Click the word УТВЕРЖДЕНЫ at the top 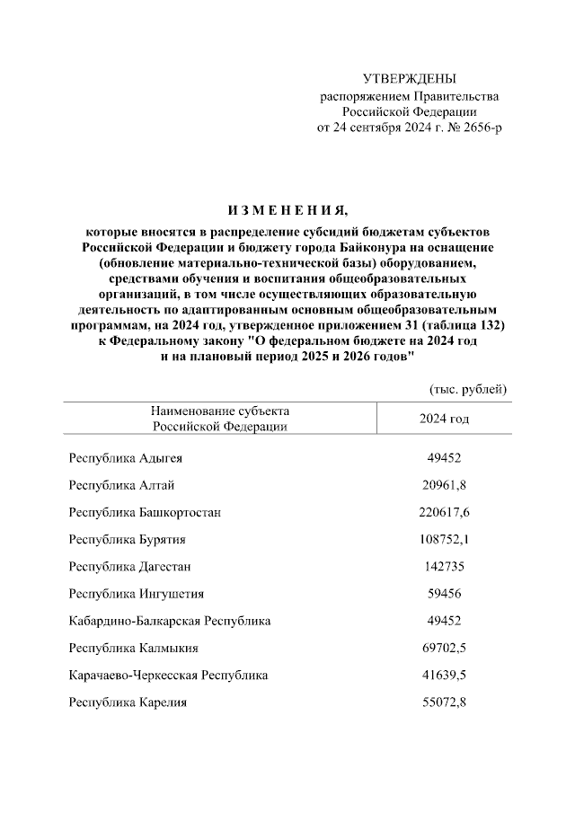point(409,79)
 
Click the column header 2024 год point(444,419)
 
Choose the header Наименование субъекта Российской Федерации point(220,419)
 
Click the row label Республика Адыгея point(126,458)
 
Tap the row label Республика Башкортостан point(146,512)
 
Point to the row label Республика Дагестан point(130,566)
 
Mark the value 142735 point(444,566)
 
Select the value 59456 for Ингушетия point(444,593)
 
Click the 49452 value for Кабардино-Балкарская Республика point(444,620)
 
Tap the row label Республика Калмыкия point(134,647)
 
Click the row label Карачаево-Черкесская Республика point(168,674)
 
